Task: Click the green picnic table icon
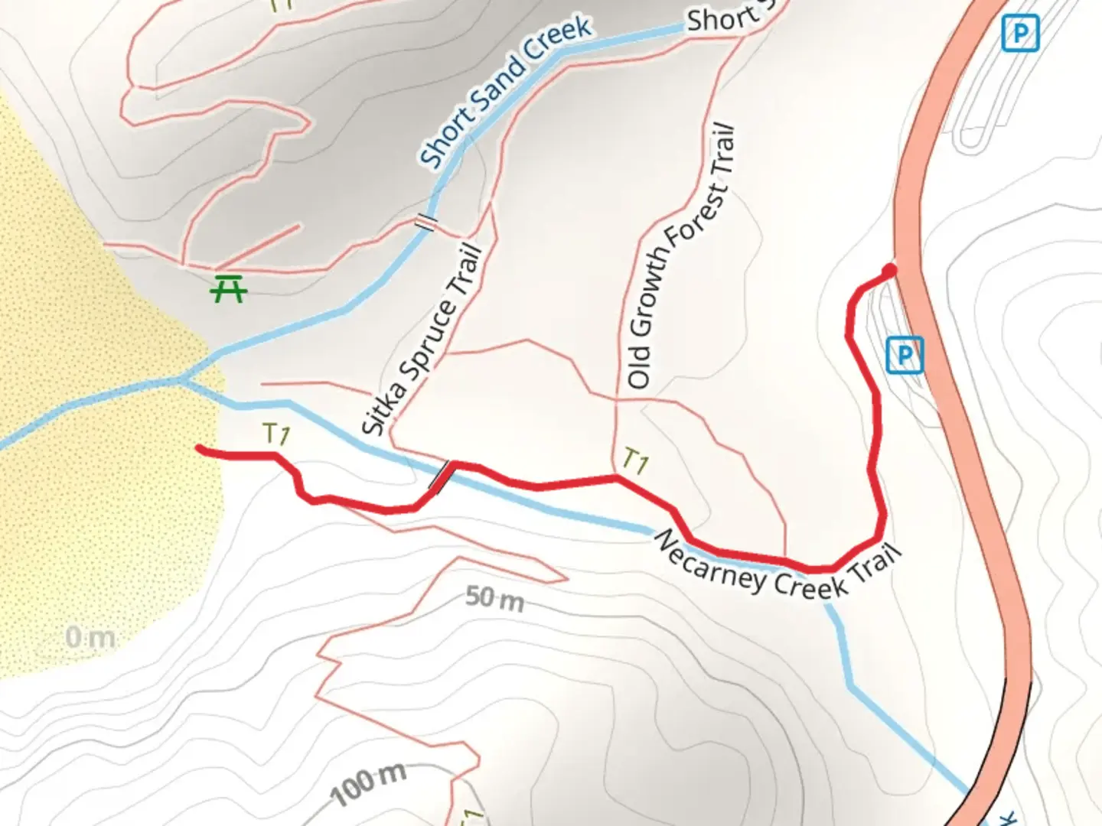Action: (x=228, y=288)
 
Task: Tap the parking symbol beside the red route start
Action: (x=905, y=355)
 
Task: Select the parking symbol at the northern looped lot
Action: (x=1020, y=34)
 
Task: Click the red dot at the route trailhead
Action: (x=888, y=271)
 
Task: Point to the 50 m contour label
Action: (x=494, y=598)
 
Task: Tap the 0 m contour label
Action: (x=90, y=636)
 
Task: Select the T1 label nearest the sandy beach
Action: (x=275, y=434)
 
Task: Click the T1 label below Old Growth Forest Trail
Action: (x=635, y=460)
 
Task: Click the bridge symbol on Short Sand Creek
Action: (x=426, y=222)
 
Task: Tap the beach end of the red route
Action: (x=201, y=448)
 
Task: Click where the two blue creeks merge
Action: (x=184, y=379)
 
